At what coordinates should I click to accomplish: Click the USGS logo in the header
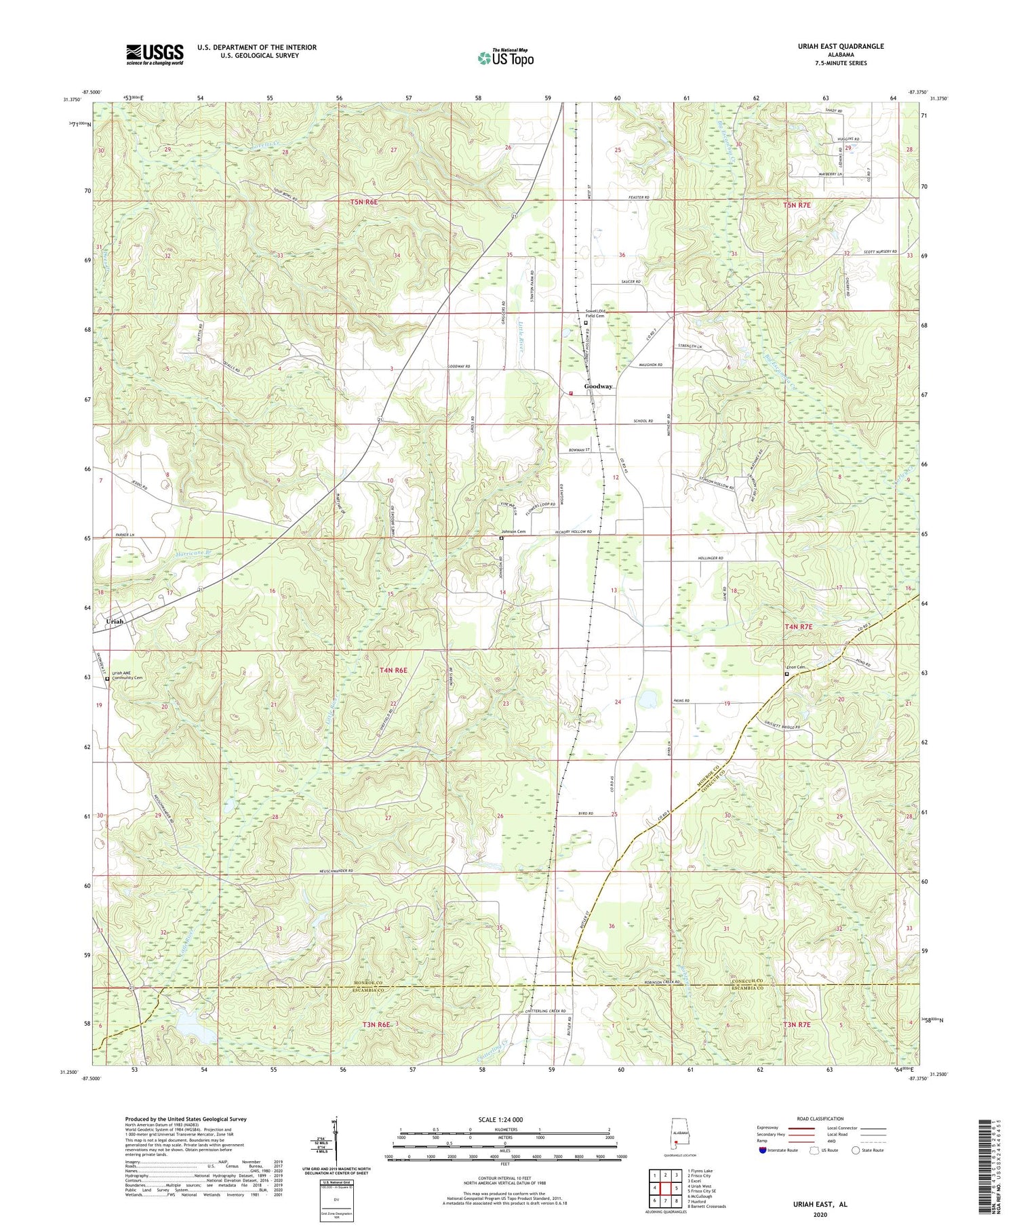(155, 54)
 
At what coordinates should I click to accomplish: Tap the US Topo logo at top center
(505, 58)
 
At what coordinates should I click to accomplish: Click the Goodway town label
(599, 386)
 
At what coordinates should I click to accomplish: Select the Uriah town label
(117, 621)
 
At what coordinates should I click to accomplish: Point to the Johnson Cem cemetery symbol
(502, 538)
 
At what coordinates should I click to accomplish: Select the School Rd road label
(643, 421)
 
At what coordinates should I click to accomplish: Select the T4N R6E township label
(393, 670)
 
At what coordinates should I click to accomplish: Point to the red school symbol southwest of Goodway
(570, 392)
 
